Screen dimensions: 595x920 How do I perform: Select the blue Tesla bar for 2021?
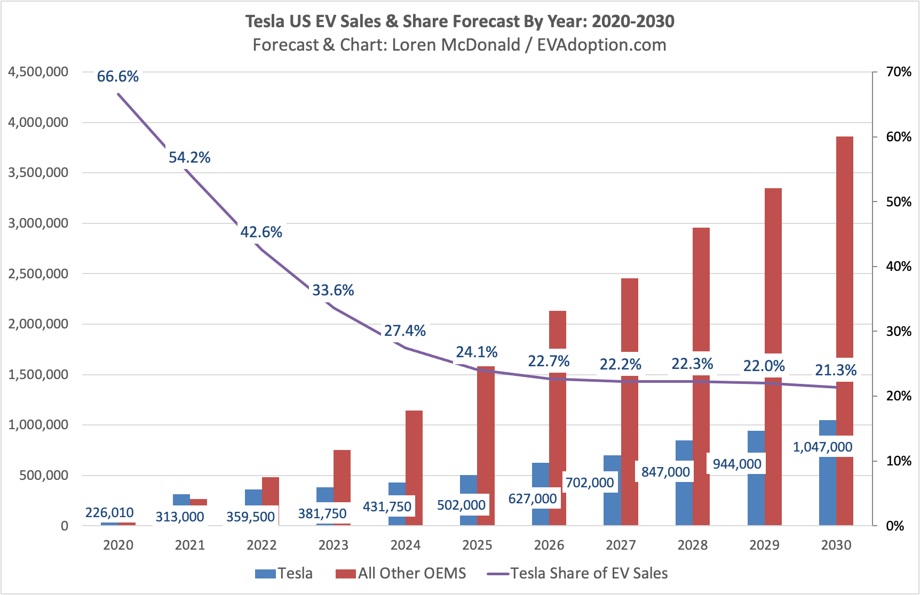[181, 500]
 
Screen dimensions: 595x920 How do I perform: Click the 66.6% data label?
[117, 77]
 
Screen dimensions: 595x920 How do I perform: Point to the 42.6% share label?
[261, 232]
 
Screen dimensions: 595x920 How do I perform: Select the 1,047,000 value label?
[822, 447]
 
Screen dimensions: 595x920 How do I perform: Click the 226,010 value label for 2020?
[109, 513]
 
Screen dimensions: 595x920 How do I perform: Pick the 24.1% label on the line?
[477, 352]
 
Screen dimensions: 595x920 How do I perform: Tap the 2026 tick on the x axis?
[549, 545]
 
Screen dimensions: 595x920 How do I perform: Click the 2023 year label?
[333, 545]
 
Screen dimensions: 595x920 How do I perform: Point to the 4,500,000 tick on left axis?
[38, 72]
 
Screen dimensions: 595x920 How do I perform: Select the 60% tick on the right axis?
[899, 137]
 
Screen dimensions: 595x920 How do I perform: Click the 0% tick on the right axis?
[895, 526]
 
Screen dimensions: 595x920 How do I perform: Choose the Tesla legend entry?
[284, 573]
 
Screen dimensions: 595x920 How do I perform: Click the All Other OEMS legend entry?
[401, 573]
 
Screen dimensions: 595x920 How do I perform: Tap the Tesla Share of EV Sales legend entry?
[577, 573]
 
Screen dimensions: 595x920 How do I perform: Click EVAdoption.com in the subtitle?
[601, 45]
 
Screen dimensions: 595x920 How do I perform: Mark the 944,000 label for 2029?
[737, 464]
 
